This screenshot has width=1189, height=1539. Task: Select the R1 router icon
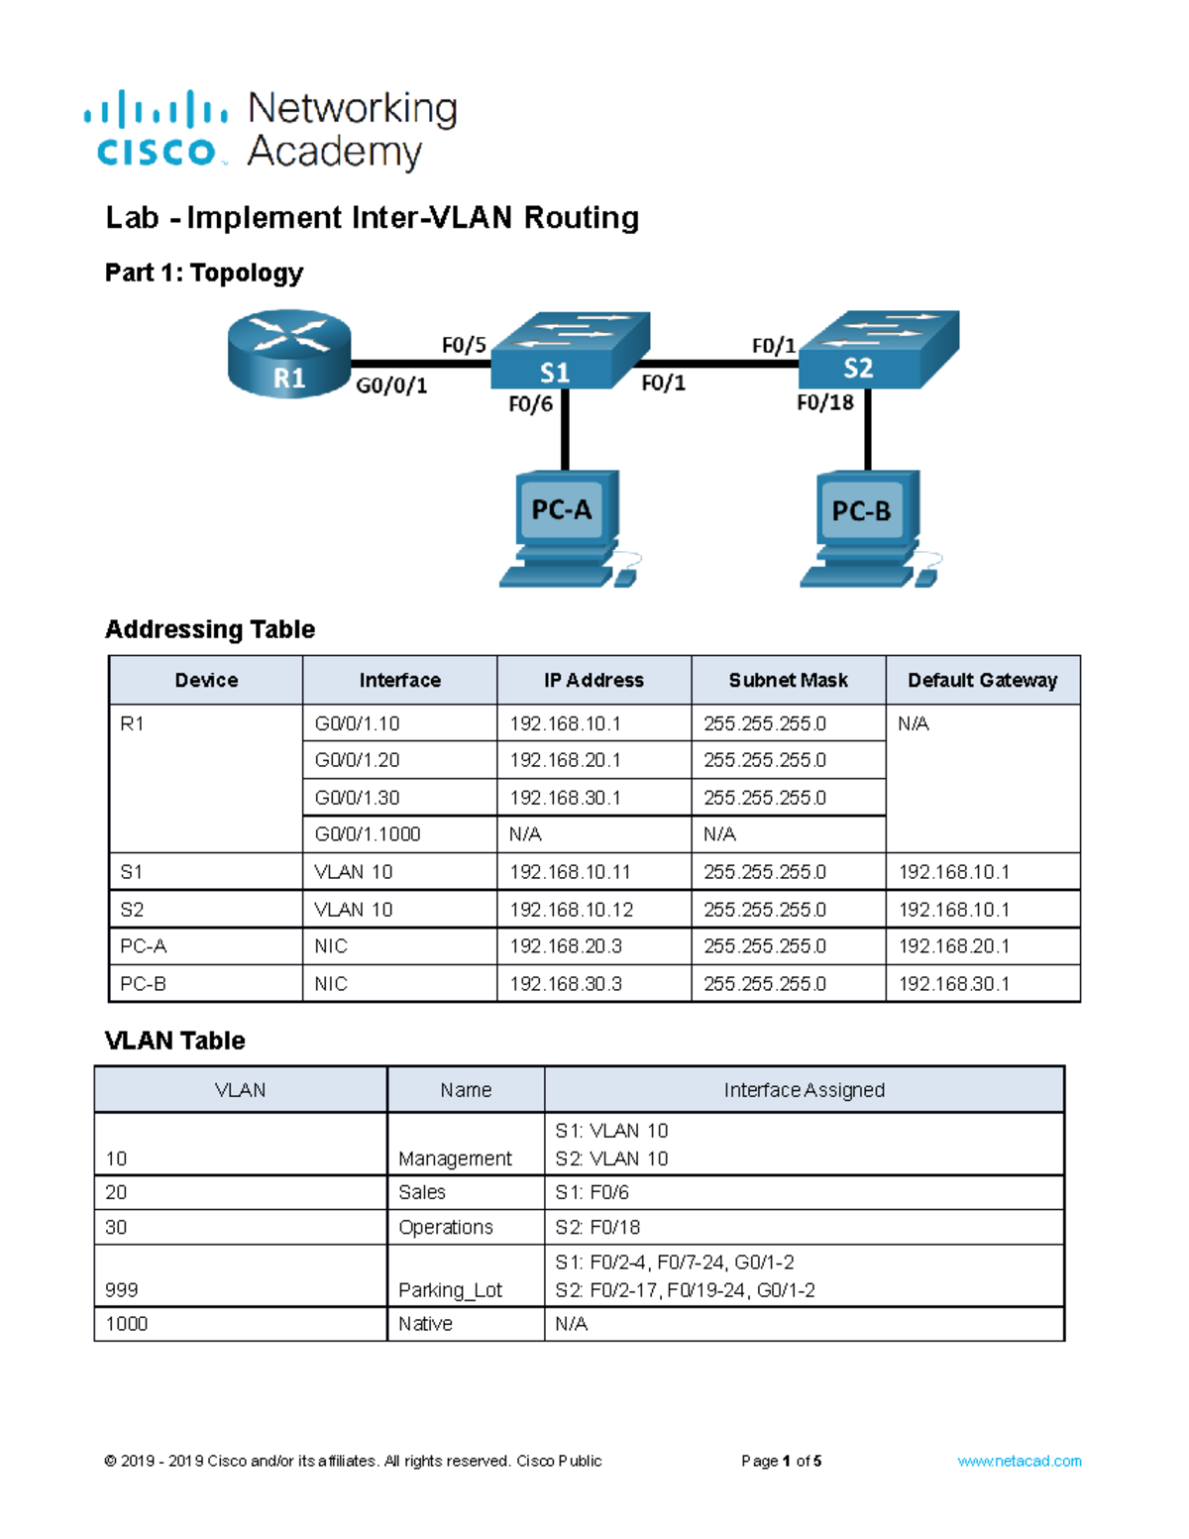click(288, 354)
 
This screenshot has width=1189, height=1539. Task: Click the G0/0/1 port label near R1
click(391, 385)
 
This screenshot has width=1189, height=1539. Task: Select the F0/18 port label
click(824, 402)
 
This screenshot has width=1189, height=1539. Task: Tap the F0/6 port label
click(530, 404)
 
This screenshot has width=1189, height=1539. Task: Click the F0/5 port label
click(464, 345)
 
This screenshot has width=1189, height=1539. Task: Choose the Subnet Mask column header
click(788, 680)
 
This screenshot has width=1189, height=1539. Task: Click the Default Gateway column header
click(982, 680)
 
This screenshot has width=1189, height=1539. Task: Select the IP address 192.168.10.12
click(571, 910)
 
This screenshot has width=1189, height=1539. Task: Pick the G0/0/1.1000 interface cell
click(368, 834)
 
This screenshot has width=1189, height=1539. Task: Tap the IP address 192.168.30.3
click(566, 984)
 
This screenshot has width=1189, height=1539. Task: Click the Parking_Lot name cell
click(450, 1289)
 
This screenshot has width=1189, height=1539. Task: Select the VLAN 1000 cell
click(127, 1324)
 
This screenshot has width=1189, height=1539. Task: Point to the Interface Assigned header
click(804, 1090)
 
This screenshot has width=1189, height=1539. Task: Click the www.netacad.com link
click(1019, 1461)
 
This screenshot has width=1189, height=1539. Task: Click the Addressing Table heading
click(210, 629)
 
